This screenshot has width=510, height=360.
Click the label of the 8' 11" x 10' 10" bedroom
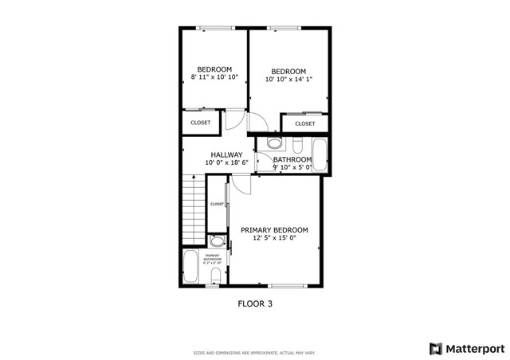(214, 68)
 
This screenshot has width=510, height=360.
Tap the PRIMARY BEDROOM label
(274, 230)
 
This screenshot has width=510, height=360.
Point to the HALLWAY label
(226, 155)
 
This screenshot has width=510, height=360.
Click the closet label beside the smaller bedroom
(201, 123)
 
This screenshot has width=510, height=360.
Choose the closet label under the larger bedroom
(305, 123)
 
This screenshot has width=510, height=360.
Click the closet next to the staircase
(217, 205)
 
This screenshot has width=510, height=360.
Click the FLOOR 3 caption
(255, 303)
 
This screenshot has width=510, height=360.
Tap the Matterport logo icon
(435, 348)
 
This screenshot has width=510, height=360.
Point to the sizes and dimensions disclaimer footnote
(254, 352)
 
